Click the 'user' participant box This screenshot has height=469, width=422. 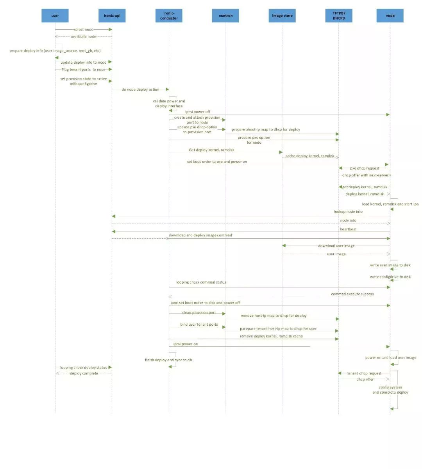[55, 16]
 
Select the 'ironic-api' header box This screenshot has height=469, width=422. [112, 16]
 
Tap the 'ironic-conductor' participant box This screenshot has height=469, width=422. [169, 16]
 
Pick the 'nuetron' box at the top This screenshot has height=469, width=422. [225, 16]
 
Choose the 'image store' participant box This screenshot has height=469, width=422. [282, 16]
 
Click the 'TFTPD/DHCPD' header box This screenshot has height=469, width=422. [339, 16]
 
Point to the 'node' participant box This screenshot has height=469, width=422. [390, 16]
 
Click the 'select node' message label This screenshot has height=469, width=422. [84, 29]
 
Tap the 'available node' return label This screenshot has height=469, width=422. [83, 36]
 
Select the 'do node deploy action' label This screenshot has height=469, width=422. [140, 89]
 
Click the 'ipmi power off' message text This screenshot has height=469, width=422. [198, 112]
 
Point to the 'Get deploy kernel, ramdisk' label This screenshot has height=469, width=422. [211, 150]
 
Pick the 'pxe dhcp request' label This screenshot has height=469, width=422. [365, 168]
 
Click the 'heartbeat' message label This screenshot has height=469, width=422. [348, 229]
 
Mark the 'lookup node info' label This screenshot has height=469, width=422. [348, 212]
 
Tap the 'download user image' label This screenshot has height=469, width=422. [336, 246]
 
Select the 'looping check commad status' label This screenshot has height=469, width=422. [201, 282]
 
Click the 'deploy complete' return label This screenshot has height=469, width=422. [84, 373]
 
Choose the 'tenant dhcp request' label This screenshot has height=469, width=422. [364, 373]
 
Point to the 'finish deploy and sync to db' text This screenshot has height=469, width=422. [168, 360]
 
